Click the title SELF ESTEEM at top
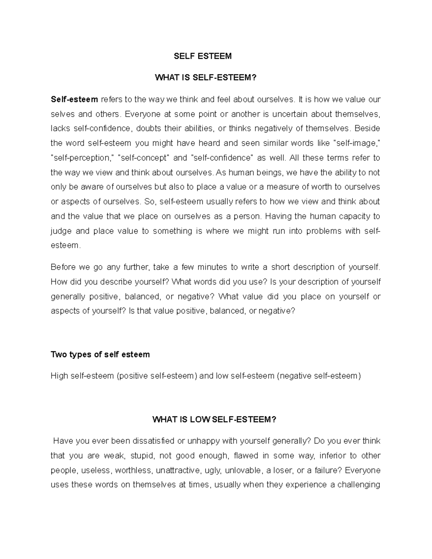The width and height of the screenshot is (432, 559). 203,56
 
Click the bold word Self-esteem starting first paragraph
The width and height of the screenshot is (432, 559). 74,99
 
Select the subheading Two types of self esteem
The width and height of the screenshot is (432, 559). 100,355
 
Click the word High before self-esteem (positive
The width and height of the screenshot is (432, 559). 59,376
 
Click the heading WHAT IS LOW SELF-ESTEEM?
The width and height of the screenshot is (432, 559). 214,419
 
